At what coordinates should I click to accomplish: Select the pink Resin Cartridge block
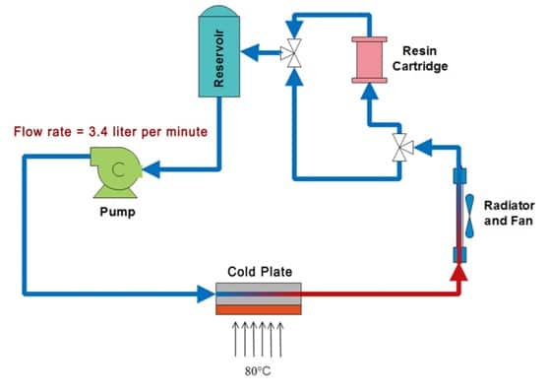[369, 59]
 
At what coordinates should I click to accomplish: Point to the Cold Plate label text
[259, 271]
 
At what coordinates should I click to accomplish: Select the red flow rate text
[110, 131]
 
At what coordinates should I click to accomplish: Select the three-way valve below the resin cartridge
[401, 148]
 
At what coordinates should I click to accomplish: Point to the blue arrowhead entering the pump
[155, 168]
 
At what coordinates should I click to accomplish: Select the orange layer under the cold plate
[259, 310]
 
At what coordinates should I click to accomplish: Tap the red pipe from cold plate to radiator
[374, 292]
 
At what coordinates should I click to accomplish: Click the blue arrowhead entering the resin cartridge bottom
[369, 92]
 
